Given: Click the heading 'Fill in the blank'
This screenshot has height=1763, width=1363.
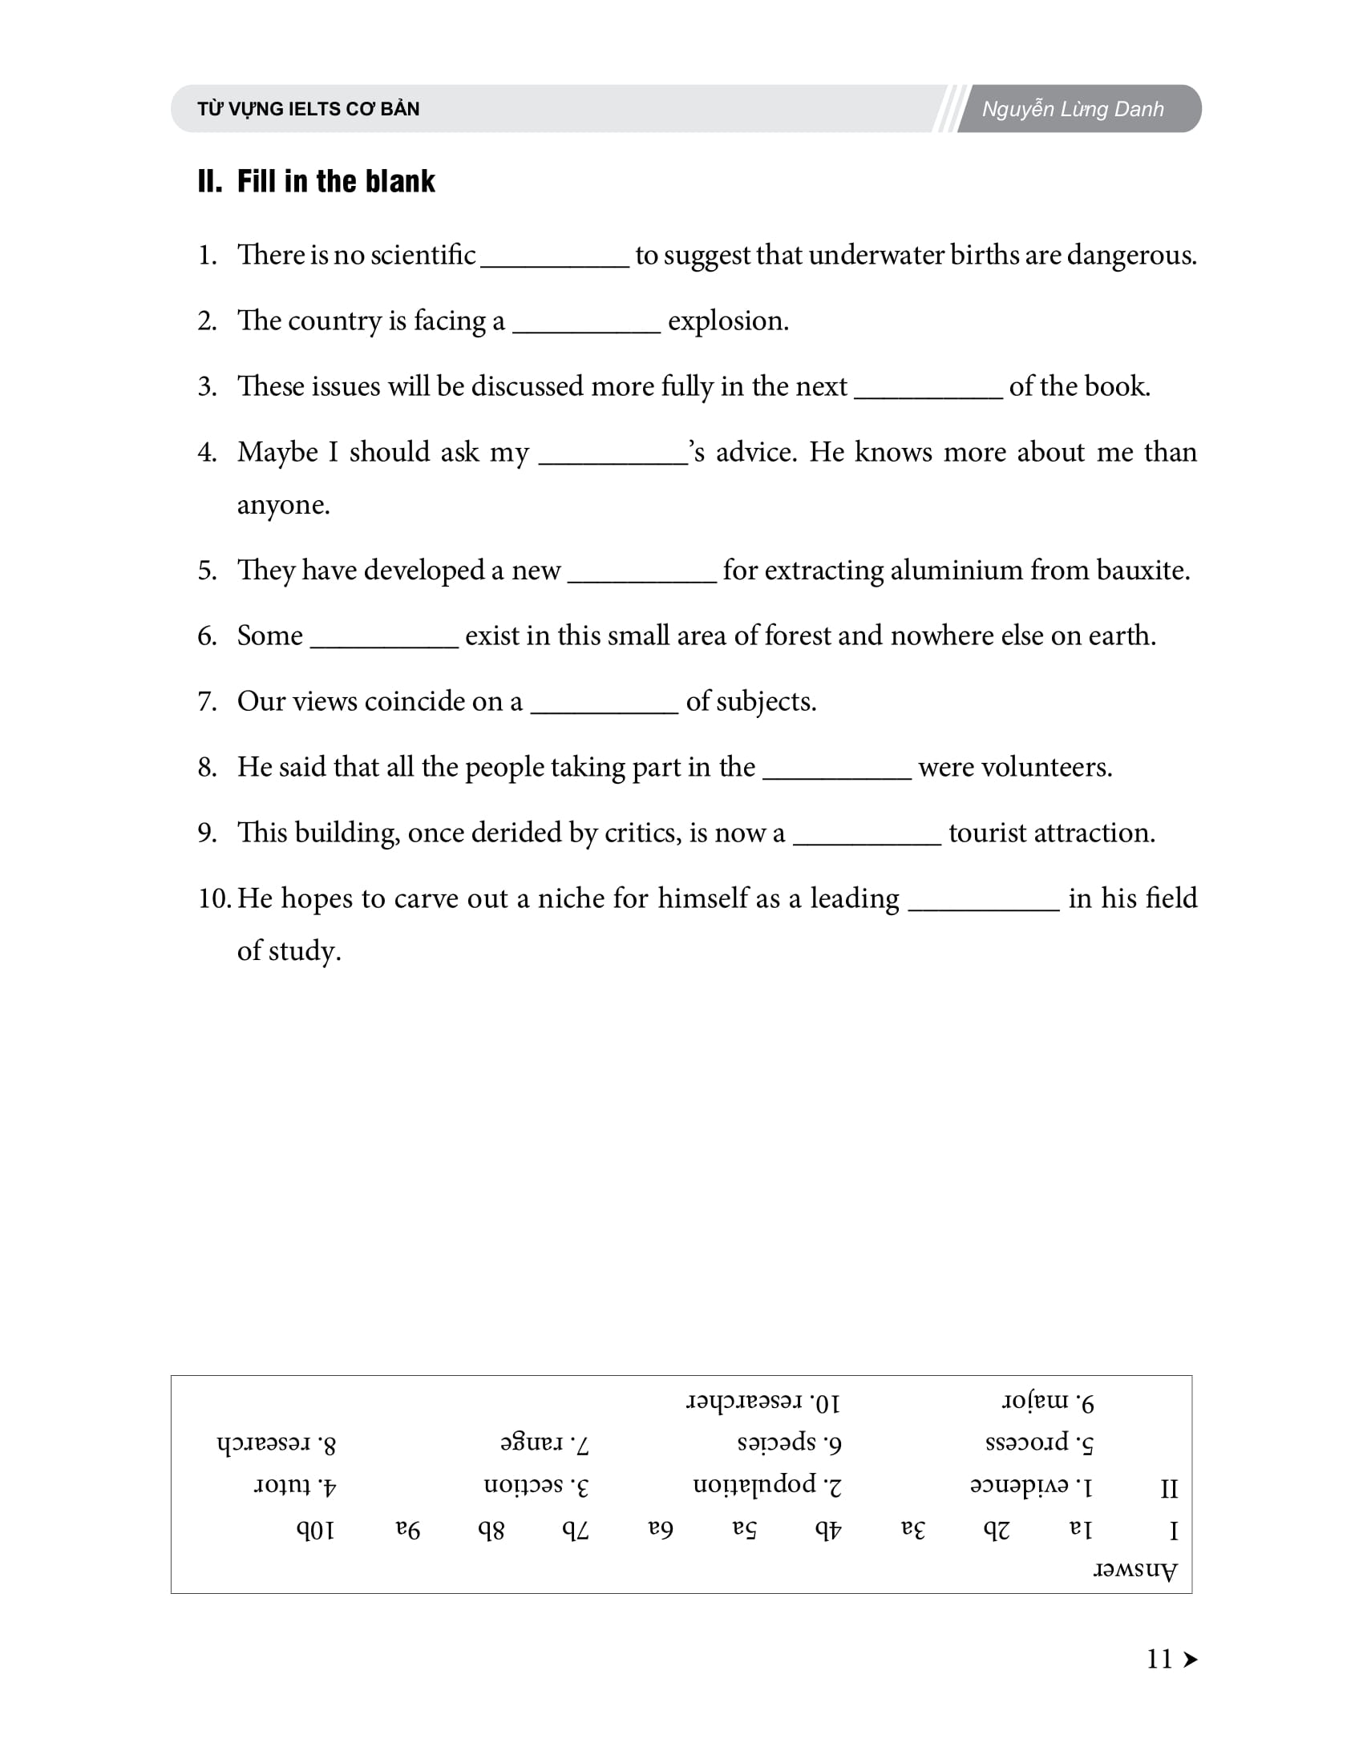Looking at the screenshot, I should point(335,182).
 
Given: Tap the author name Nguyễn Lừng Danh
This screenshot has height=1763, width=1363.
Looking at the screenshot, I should point(1072,109).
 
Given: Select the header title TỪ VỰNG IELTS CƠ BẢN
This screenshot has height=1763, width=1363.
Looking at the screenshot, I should point(309,109).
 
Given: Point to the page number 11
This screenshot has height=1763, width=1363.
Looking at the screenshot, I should point(1159,1660).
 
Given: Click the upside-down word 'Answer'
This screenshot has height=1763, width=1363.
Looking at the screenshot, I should point(1134,1571).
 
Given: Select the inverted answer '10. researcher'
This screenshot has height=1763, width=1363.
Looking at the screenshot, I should point(763,1402).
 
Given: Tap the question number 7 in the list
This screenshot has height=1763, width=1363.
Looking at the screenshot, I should point(207,701).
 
